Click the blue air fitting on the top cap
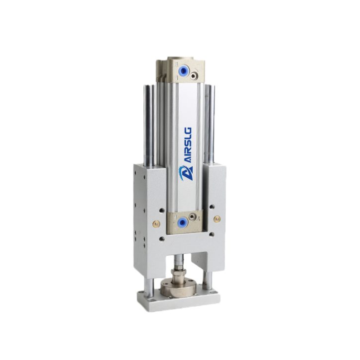coord(183,71)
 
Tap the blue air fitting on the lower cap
coord(183,222)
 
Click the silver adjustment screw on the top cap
coord(194,75)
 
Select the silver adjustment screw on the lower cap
coord(192,216)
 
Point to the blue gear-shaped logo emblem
coord(186,173)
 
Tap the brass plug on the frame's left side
coord(156,223)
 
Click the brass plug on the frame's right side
coord(216,219)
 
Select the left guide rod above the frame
coord(149,125)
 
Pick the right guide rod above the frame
coord(210,124)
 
